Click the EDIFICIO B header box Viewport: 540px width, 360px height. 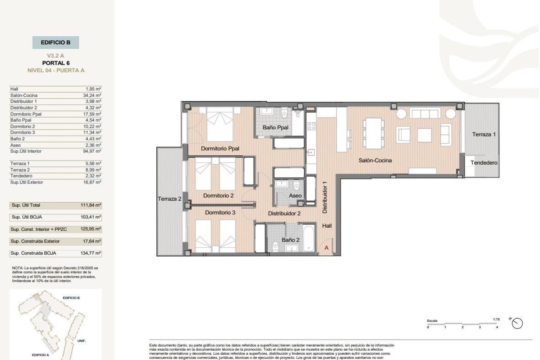[x=55, y=42]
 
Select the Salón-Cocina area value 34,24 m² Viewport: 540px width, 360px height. [x=92, y=95]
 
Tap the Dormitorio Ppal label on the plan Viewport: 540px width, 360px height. [x=220, y=148]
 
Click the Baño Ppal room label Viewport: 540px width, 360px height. [x=275, y=127]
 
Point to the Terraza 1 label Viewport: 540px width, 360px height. [x=484, y=134]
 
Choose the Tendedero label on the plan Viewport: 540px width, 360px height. [x=484, y=163]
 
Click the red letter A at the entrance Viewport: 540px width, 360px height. [x=327, y=248]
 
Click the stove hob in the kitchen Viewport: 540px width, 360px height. [x=311, y=126]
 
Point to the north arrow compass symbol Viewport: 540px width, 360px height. [x=517, y=323]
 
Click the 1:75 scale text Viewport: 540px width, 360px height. [x=496, y=319]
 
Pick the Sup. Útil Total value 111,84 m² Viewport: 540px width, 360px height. [x=91, y=205]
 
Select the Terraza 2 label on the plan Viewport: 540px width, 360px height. [x=169, y=199]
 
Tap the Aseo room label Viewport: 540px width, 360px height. [x=295, y=195]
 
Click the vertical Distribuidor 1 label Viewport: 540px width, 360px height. [x=325, y=197]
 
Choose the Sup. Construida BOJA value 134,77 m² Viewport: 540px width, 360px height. [x=91, y=253]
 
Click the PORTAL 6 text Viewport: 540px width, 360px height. [x=56, y=63]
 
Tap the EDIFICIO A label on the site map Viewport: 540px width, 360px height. [x=40, y=355]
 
